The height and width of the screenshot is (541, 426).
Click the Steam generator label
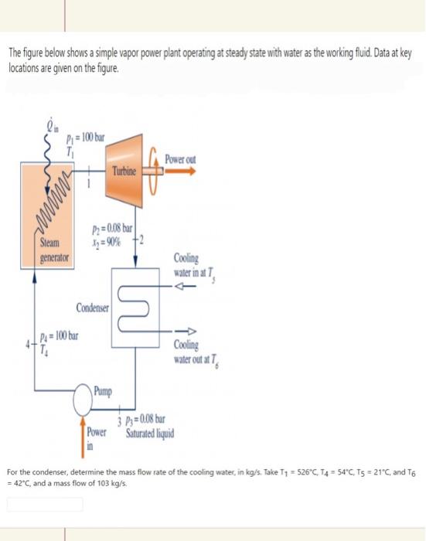(x=53, y=252)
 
